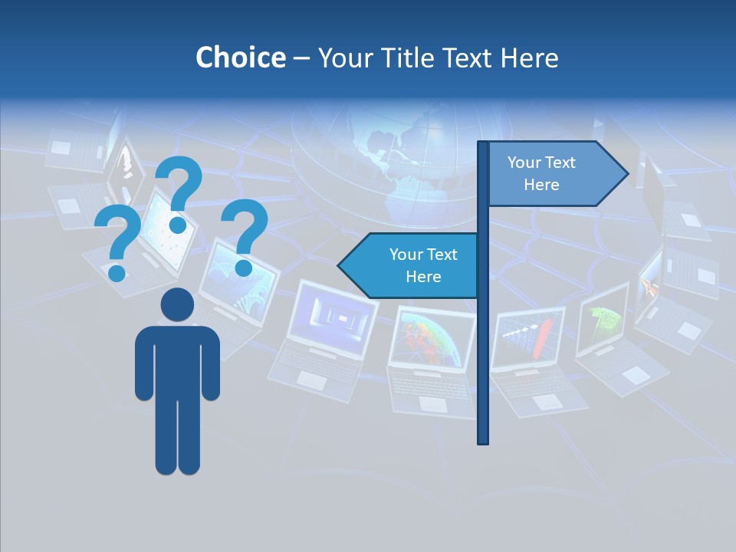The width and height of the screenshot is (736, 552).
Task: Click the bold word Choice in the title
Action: (240, 58)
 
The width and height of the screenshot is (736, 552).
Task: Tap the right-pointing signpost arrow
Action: (556, 174)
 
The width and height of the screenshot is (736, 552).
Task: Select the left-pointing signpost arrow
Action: (410, 265)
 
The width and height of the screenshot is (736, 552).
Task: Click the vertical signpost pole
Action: (483, 345)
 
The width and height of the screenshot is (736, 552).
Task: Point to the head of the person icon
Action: (177, 304)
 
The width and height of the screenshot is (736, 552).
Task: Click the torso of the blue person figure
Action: (177, 360)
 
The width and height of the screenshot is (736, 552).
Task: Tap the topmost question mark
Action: (179, 192)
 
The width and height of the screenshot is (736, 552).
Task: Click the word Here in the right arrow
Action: (541, 185)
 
